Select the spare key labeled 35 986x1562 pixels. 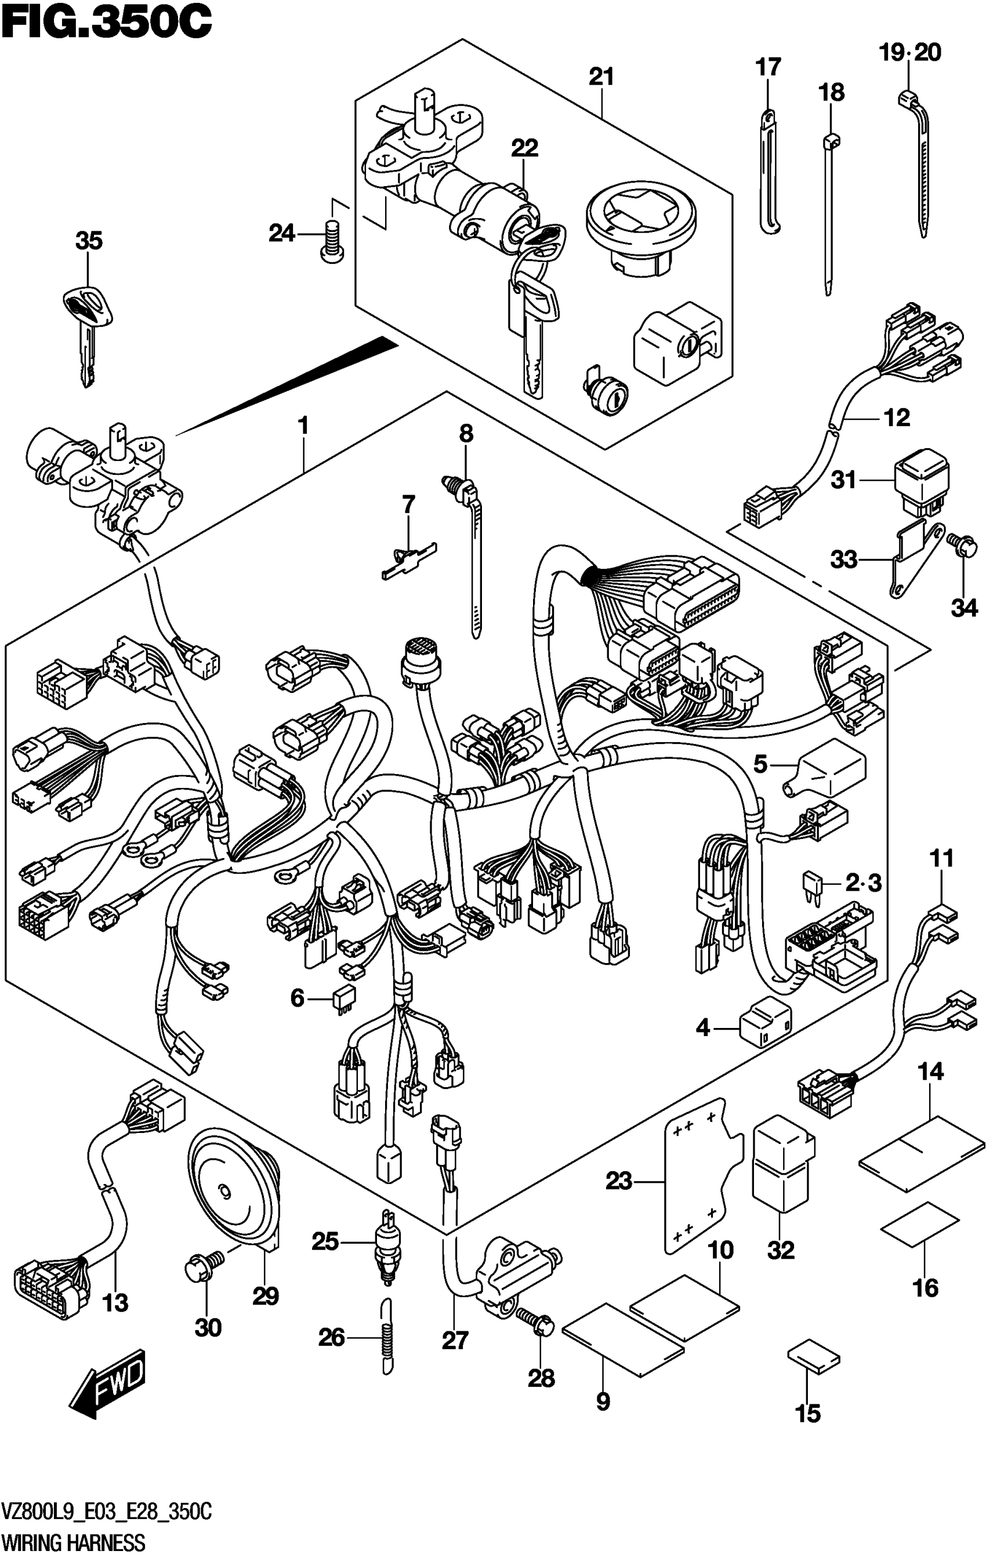coord(88,331)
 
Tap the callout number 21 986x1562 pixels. coord(601,77)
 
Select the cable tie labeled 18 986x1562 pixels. coord(828,214)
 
